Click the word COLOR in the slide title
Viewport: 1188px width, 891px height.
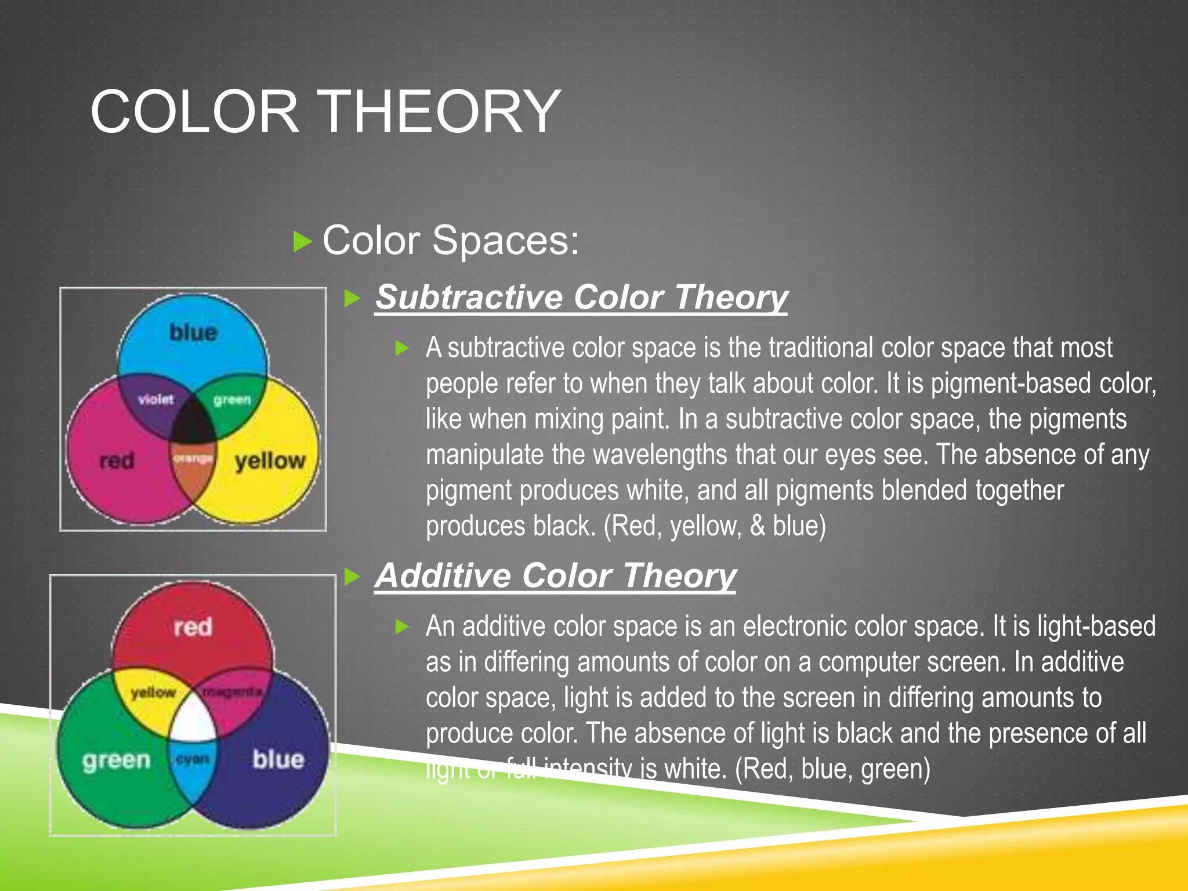[195, 111]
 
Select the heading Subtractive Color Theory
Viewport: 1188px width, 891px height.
[581, 297]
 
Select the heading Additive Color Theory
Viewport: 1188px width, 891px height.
[555, 575]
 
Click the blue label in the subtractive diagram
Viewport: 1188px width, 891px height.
[193, 332]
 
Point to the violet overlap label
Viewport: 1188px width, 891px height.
[155, 399]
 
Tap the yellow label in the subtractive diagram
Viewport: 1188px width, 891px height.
[270, 461]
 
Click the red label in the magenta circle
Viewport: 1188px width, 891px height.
[117, 461]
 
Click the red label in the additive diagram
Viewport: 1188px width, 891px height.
[193, 627]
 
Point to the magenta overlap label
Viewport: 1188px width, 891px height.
[232, 691]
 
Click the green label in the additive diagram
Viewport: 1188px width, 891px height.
[116, 760]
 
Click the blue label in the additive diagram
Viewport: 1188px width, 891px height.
[278, 759]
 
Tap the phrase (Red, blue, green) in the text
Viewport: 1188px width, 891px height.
[832, 769]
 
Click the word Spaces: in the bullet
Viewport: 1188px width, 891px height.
[505, 240]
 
